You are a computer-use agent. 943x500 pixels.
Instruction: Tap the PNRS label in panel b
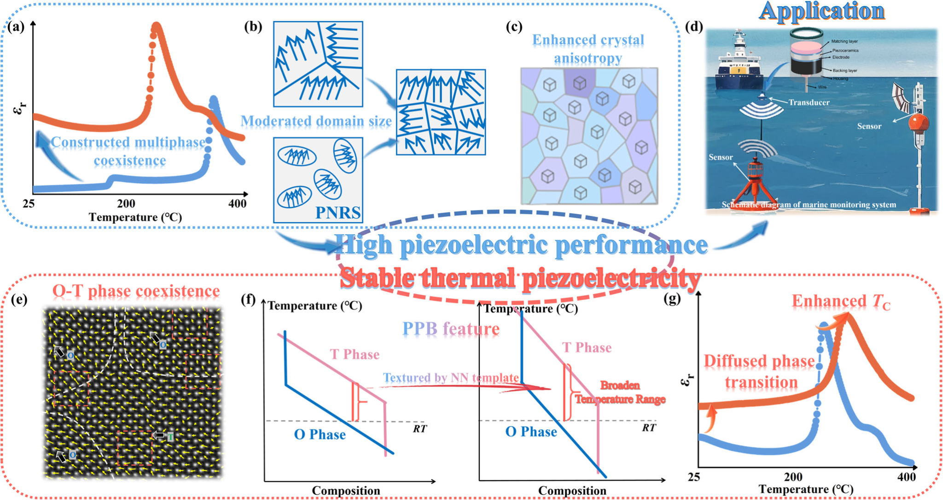point(338,213)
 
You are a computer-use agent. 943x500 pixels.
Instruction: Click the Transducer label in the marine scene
point(809,102)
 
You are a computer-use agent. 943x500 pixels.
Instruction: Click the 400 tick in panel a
point(237,203)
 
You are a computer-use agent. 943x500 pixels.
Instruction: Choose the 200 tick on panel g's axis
point(793,477)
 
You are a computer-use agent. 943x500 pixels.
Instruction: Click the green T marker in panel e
point(170,436)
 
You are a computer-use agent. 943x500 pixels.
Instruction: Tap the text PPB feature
point(451,329)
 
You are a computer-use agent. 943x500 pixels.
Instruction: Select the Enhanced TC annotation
point(841,301)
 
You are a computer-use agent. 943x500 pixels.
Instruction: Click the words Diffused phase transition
point(760,372)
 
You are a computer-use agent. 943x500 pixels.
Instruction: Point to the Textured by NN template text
point(451,378)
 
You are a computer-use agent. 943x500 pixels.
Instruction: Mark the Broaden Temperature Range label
point(620,392)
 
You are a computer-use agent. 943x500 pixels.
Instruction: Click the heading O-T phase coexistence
point(136,291)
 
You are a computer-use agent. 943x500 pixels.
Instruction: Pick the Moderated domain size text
point(316,121)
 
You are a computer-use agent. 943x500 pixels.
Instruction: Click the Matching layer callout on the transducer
point(844,41)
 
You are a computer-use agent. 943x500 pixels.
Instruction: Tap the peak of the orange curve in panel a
point(157,27)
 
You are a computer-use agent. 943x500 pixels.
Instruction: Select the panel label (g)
point(673,299)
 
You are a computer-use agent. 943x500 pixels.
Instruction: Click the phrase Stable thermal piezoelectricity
point(520,278)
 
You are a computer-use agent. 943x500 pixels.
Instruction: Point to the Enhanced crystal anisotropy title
point(588,49)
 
